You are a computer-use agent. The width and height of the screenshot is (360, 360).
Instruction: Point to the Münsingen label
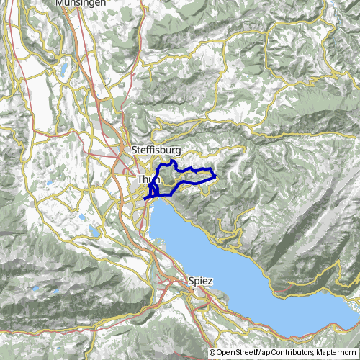pyautogui.click(x=81, y=3)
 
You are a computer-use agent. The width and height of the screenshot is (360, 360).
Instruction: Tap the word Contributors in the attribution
pyautogui.click(x=292, y=353)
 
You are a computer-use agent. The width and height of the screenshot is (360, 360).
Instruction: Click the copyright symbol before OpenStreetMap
pyautogui.click(x=212, y=353)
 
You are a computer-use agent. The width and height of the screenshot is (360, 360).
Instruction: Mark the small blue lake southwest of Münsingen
pyautogui.click(x=63, y=70)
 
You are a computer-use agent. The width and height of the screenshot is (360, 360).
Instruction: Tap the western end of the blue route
pyautogui.click(x=145, y=197)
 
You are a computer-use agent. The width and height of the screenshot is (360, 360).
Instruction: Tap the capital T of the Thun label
pyautogui.click(x=139, y=178)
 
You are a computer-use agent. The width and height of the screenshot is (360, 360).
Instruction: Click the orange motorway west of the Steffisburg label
pyautogui.click(x=114, y=150)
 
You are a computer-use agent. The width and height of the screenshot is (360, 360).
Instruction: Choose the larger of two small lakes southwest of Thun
pyautogui.click(x=94, y=231)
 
